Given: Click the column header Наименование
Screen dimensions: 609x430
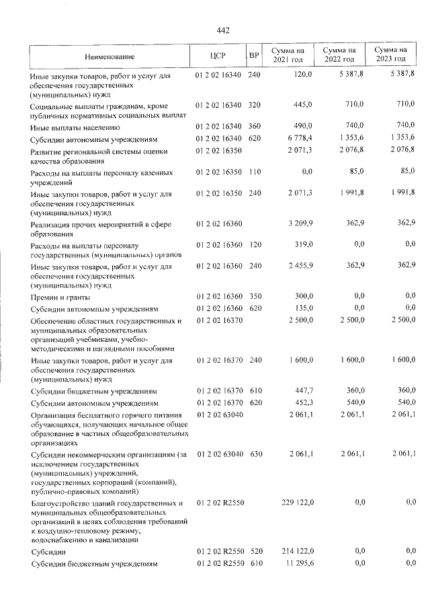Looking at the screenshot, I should [x=110, y=57].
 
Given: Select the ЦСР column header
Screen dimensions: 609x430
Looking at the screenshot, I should [x=216, y=56].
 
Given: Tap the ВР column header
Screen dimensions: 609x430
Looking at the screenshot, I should [x=253, y=56].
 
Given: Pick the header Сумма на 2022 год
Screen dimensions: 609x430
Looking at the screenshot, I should [x=339, y=56].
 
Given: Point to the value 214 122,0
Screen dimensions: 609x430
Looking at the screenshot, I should [x=296, y=551].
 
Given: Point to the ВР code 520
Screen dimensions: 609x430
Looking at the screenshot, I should [x=253, y=551].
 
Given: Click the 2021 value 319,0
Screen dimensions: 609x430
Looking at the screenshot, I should [x=304, y=246].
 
